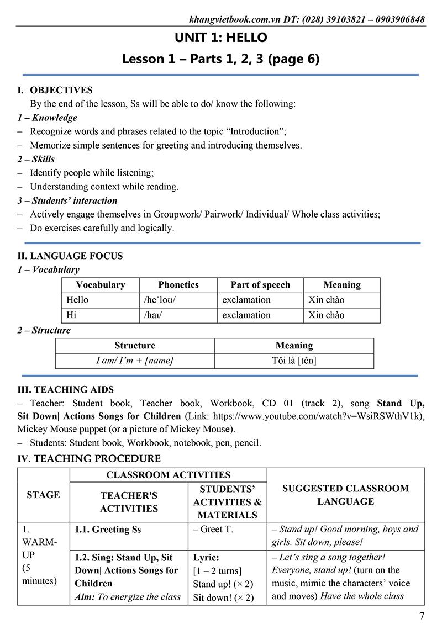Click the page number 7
tap(422, 616)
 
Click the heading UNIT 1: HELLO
tap(220, 38)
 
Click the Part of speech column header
tap(260, 285)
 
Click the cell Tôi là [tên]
tap(294, 361)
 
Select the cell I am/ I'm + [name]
tap(135, 361)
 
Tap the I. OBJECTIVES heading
tap(55, 90)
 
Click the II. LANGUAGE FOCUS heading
tap(70, 256)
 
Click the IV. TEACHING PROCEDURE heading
tap(89, 458)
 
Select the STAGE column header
tap(43, 495)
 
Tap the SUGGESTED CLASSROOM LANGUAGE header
tap(345, 495)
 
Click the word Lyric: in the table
tap(206, 558)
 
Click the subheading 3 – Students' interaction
tap(67, 200)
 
